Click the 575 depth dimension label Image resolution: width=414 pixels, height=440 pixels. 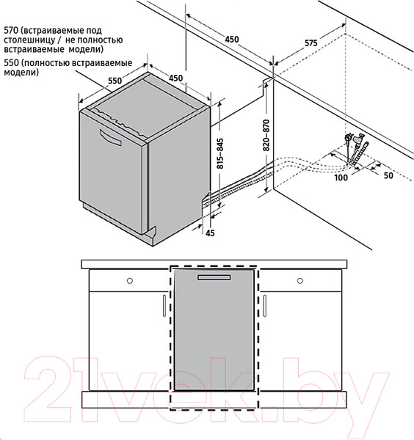pyautogui.click(x=310, y=43)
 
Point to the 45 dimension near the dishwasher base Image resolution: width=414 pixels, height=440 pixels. pyautogui.click(x=210, y=233)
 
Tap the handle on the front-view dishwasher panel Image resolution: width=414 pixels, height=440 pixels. pyautogui.click(x=213, y=279)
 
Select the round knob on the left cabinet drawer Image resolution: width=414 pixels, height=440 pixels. pyautogui.click(x=129, y=281)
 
